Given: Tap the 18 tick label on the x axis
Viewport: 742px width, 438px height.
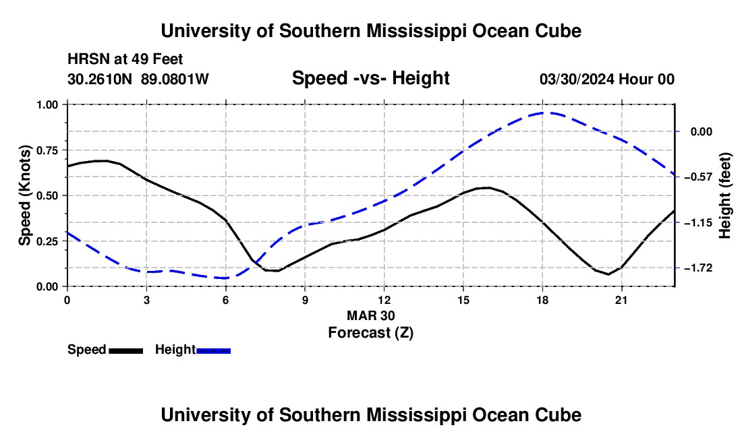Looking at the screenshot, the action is point(542,300).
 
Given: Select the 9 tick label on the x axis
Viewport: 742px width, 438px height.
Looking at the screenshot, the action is point(305,300).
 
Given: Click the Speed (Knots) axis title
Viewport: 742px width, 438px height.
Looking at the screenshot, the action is point(24,195).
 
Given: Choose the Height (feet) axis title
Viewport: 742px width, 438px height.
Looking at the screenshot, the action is point(724,195).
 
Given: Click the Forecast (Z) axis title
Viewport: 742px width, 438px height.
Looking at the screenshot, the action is point(370,333).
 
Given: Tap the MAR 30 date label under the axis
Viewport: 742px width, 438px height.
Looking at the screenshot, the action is point(370,315).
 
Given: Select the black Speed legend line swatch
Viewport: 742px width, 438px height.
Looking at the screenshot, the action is point(126,350).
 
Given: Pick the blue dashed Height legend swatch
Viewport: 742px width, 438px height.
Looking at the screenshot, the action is point(213,350).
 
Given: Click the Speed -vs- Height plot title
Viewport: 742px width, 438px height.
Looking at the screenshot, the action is point(370,78).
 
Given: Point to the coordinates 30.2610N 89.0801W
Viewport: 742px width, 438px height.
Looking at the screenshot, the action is point(138,79).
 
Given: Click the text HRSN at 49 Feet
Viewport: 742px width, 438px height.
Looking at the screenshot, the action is point(125,59).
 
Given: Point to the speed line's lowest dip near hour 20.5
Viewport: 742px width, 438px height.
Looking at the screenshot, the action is point(608,274).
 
